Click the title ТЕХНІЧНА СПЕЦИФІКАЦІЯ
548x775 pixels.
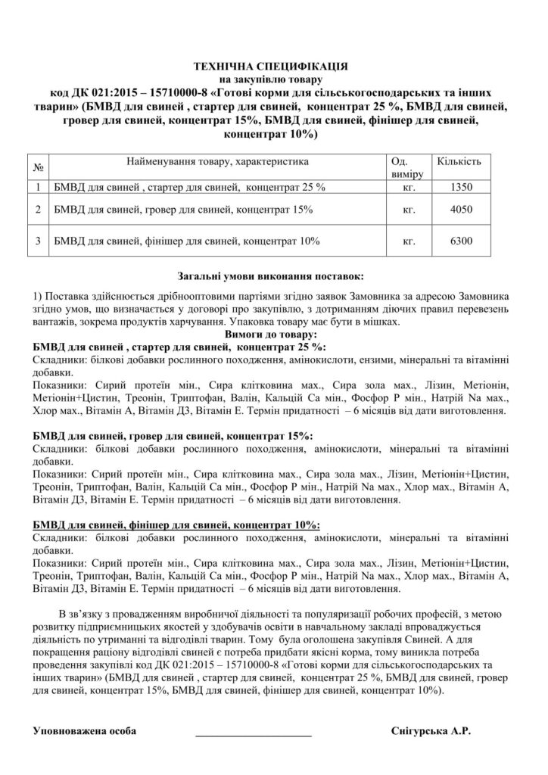[x=273, y=65]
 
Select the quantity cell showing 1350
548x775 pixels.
[x=460, y=185]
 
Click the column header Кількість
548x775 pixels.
[x=459, y=161]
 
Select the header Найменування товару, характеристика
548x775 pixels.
[x=218, y=161]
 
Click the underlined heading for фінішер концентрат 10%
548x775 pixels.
[x=177, y=525]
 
